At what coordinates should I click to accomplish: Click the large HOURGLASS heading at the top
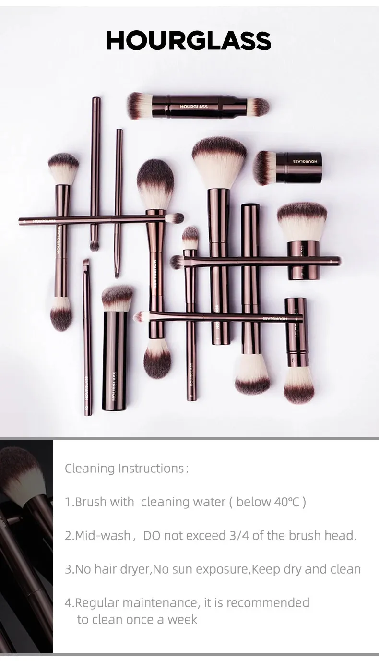[189, 40]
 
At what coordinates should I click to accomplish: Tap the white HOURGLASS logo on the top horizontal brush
[194, 107]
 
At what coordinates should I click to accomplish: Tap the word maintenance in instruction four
[161, 602]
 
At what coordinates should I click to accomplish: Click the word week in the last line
[182, 620]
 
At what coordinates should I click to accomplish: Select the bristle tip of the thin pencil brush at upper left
[95, 245]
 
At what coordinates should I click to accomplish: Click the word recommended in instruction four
[268, 602]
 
